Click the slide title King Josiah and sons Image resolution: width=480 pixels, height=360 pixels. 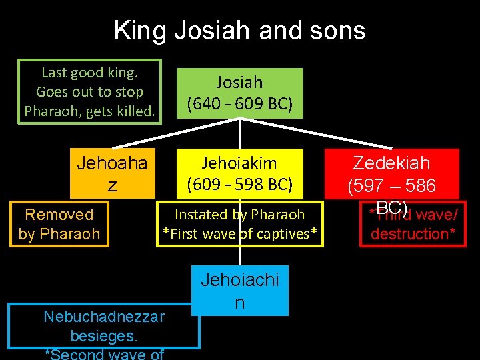click(239, 31)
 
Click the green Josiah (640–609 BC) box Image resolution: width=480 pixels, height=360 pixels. click(239, 93)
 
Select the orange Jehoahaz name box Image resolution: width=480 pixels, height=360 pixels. click(112, 174)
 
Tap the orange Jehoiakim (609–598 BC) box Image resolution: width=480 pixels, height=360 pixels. click(239, 173)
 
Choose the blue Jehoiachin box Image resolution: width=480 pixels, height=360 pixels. click(239, 291)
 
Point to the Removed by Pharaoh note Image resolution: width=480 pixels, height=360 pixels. click(59, 224)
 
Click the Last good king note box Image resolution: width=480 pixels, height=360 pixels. click(89, 91)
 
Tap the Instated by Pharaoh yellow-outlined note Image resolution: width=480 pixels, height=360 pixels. click(239, 224)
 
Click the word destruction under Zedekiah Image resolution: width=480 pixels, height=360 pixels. click(409, 234)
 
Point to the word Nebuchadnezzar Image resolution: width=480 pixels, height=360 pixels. click(103, 316)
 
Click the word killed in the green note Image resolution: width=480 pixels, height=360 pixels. click(137, 111)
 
